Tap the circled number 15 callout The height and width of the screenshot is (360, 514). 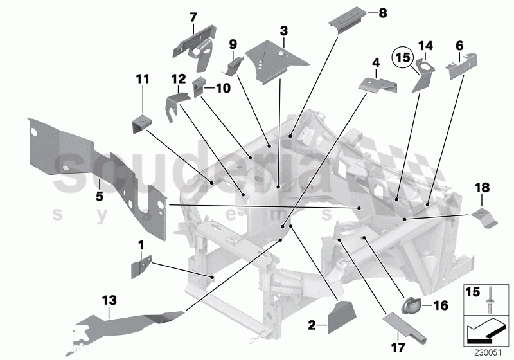pyautogui.click(x=402, y=57)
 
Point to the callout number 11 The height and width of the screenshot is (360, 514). pyautogui.click(x=142, y=79)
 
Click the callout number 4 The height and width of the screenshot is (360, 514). pyautogui.click(x=376, y=62)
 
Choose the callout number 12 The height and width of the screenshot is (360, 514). pyautogui.click(x=178, y=78)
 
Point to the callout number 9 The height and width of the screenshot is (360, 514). pyautogui.click(x=233, y=44)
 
